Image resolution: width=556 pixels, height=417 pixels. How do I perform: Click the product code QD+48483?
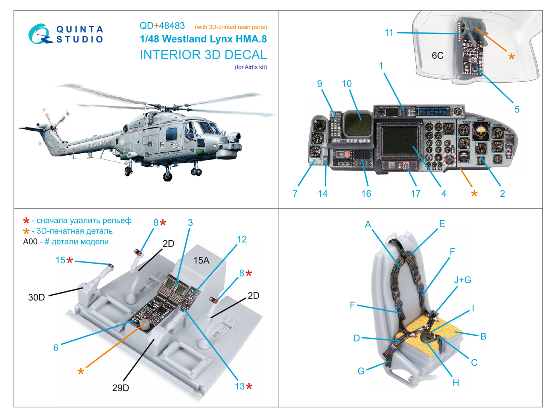point(162,26)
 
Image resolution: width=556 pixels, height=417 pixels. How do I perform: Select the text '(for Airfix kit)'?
point(251,67)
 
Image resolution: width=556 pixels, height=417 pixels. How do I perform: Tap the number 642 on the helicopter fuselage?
point(176,146)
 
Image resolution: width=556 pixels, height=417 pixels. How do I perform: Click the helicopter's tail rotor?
point(55,120)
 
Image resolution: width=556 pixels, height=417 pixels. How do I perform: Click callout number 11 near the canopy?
point(389,33)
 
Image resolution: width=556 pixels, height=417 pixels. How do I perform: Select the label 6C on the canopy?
point(438,56)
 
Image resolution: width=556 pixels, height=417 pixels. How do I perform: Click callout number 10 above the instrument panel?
point(346,84)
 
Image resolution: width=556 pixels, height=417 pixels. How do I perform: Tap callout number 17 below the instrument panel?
point(416,194)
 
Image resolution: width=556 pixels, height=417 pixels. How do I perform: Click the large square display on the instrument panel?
point(400,140)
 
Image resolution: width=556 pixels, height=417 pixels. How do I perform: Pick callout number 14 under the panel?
point(322,194)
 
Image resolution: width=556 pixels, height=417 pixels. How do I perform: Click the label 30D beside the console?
point(36,297)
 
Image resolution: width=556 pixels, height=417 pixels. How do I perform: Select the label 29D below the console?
point(121,388)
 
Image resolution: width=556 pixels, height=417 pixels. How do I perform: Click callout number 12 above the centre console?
point(242,239)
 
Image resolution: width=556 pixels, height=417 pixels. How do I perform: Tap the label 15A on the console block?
point(201,260)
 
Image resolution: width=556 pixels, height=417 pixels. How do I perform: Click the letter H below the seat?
point(456,383)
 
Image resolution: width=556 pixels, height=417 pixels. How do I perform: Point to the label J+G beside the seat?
point(463,280)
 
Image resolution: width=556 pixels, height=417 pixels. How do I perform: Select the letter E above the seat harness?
point(442,223)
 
